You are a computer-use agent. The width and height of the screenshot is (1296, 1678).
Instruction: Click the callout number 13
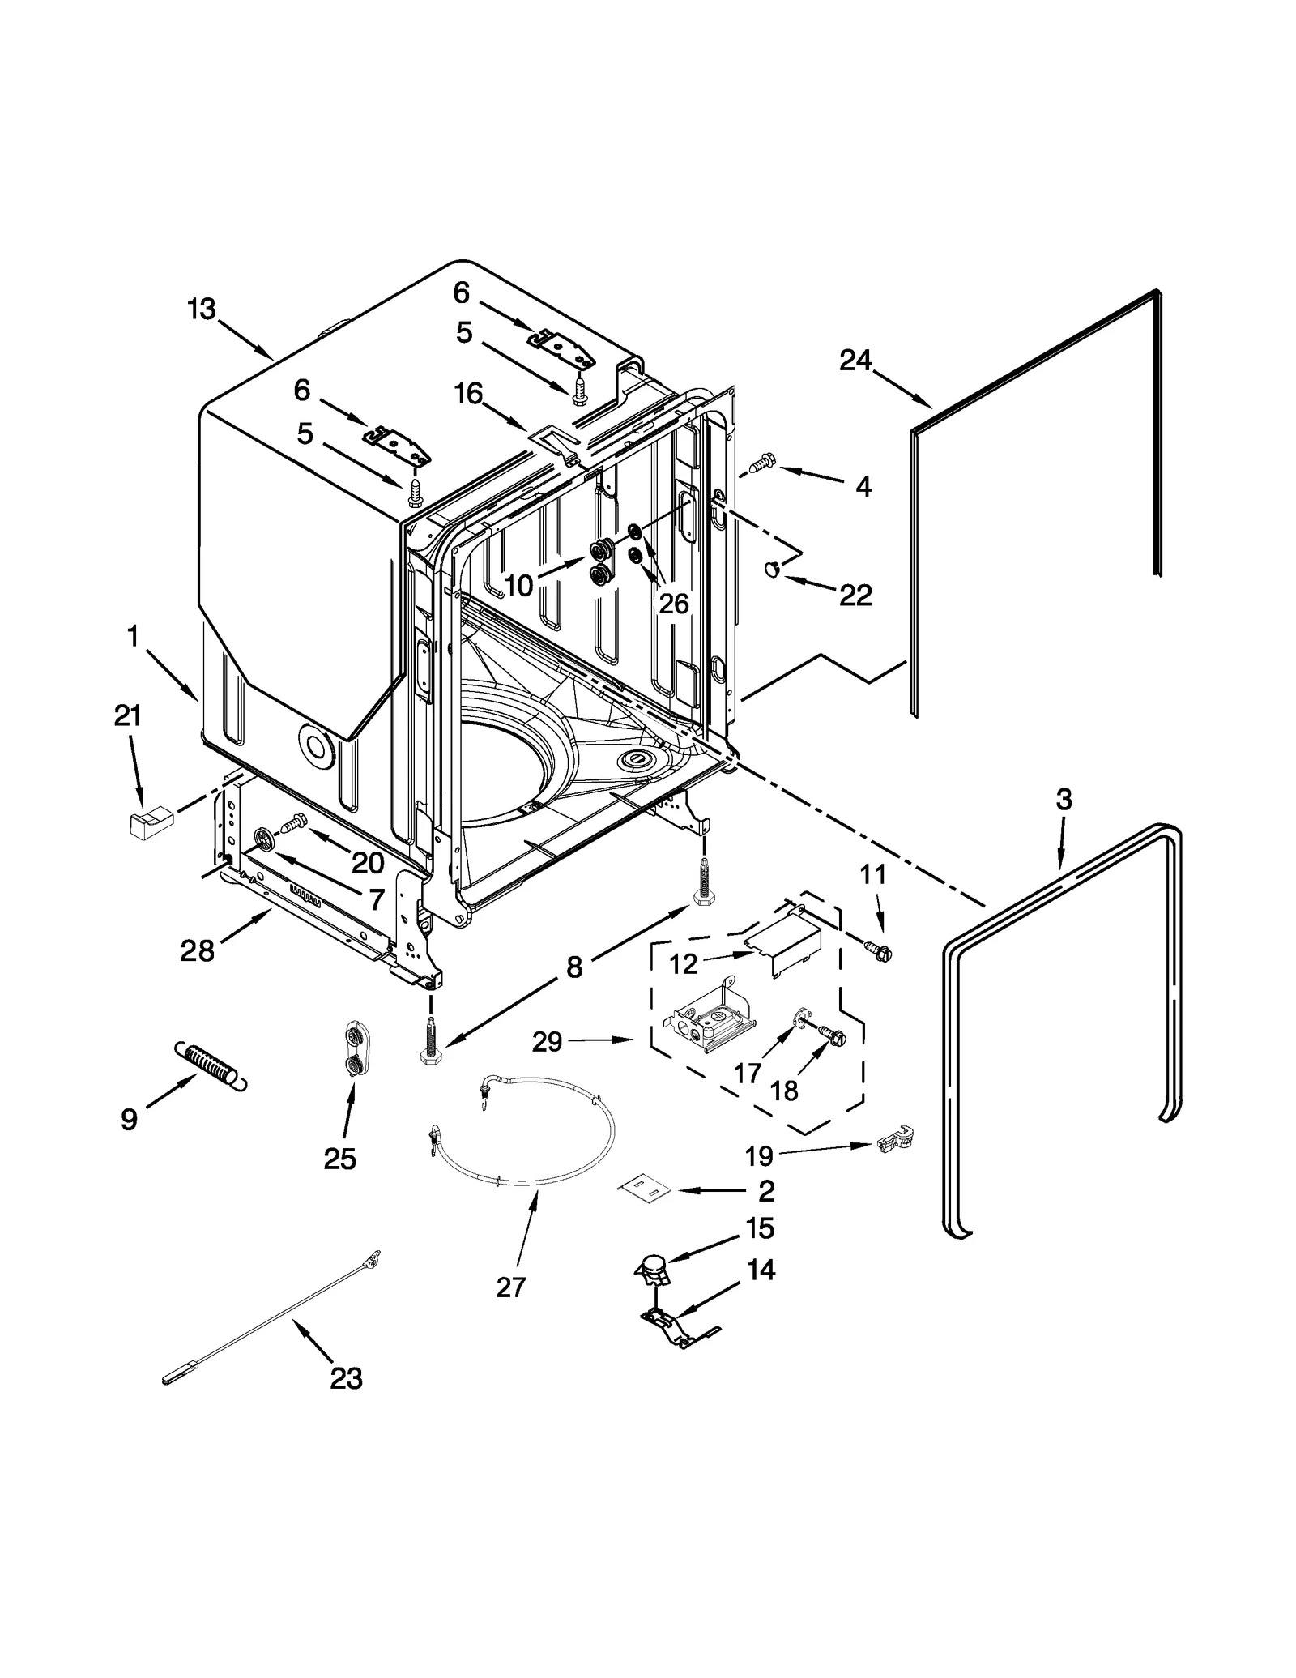pyautogui.click(x=202, y=309)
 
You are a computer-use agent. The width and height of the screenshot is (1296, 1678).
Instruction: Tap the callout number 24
pyautogui.click(x=855, y=360)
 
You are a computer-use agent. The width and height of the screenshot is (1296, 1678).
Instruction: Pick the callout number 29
pyautogui.click(x=548, y=1041)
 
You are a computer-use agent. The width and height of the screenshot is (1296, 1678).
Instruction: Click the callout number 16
pyautogui.click(x=469, y=394)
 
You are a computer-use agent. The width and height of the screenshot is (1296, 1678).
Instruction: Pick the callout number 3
pyautogui.click(x=1064, y=800)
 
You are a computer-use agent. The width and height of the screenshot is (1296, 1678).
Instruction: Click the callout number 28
pyautogui.click(x=197, y=950)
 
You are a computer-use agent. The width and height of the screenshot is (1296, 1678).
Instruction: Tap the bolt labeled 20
pyautogui.click(x=292, y=823)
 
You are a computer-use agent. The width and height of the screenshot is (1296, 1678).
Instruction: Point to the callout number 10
pyautogui.click(x=518, y=585)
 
